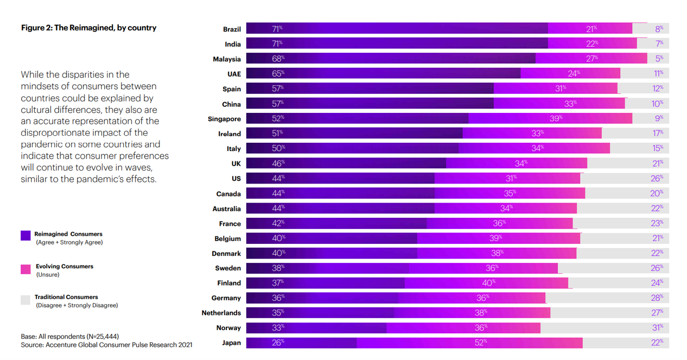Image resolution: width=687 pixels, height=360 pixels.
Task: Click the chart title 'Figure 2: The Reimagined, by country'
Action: point(88,28)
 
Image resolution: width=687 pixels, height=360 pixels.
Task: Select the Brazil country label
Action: point(232,29)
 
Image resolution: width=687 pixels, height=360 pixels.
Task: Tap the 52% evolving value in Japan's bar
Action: point(481,342)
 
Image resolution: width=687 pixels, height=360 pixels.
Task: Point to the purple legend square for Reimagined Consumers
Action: point(26,235)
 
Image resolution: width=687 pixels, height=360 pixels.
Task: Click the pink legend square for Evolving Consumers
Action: point(26,269)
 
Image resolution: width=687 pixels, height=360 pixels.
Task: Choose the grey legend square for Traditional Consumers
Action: point(26,300)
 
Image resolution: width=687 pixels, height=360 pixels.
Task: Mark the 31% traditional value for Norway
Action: point(657,327)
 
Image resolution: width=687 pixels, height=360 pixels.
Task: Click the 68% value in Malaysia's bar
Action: point(277,59)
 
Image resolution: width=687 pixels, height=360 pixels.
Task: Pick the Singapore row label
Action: point(224,119)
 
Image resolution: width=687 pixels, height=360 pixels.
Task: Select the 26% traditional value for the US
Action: point(657,178)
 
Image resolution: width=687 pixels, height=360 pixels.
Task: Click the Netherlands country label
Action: point(221,313)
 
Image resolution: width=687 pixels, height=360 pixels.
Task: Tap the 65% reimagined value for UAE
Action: point(277,73)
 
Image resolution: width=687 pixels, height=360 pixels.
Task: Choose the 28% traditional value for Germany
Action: point(657,298)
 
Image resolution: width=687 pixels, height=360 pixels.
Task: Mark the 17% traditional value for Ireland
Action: point(658,133)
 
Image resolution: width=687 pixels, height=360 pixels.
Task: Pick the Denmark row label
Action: point(226,254)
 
